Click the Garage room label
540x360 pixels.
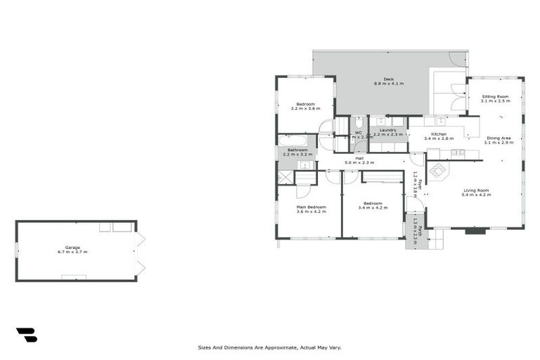[72, 247]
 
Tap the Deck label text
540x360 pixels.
[388, 79]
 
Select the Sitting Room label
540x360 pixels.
[495, 96]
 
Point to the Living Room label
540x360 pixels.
[476, 190]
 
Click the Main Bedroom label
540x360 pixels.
[311, 207]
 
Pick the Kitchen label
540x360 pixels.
[439, 134]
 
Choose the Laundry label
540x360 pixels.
[388, 130]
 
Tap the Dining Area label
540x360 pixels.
[499, 138]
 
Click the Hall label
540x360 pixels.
[359, 158]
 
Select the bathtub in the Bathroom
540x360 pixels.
[292, 140]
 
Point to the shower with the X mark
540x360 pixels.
[285, 177]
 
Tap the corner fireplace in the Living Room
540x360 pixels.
[436, 171]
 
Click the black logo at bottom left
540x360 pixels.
[26, 335]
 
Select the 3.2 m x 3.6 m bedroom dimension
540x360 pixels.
[305, 109]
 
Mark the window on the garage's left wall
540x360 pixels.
[16, 250]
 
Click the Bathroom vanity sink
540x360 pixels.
[305, 165]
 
